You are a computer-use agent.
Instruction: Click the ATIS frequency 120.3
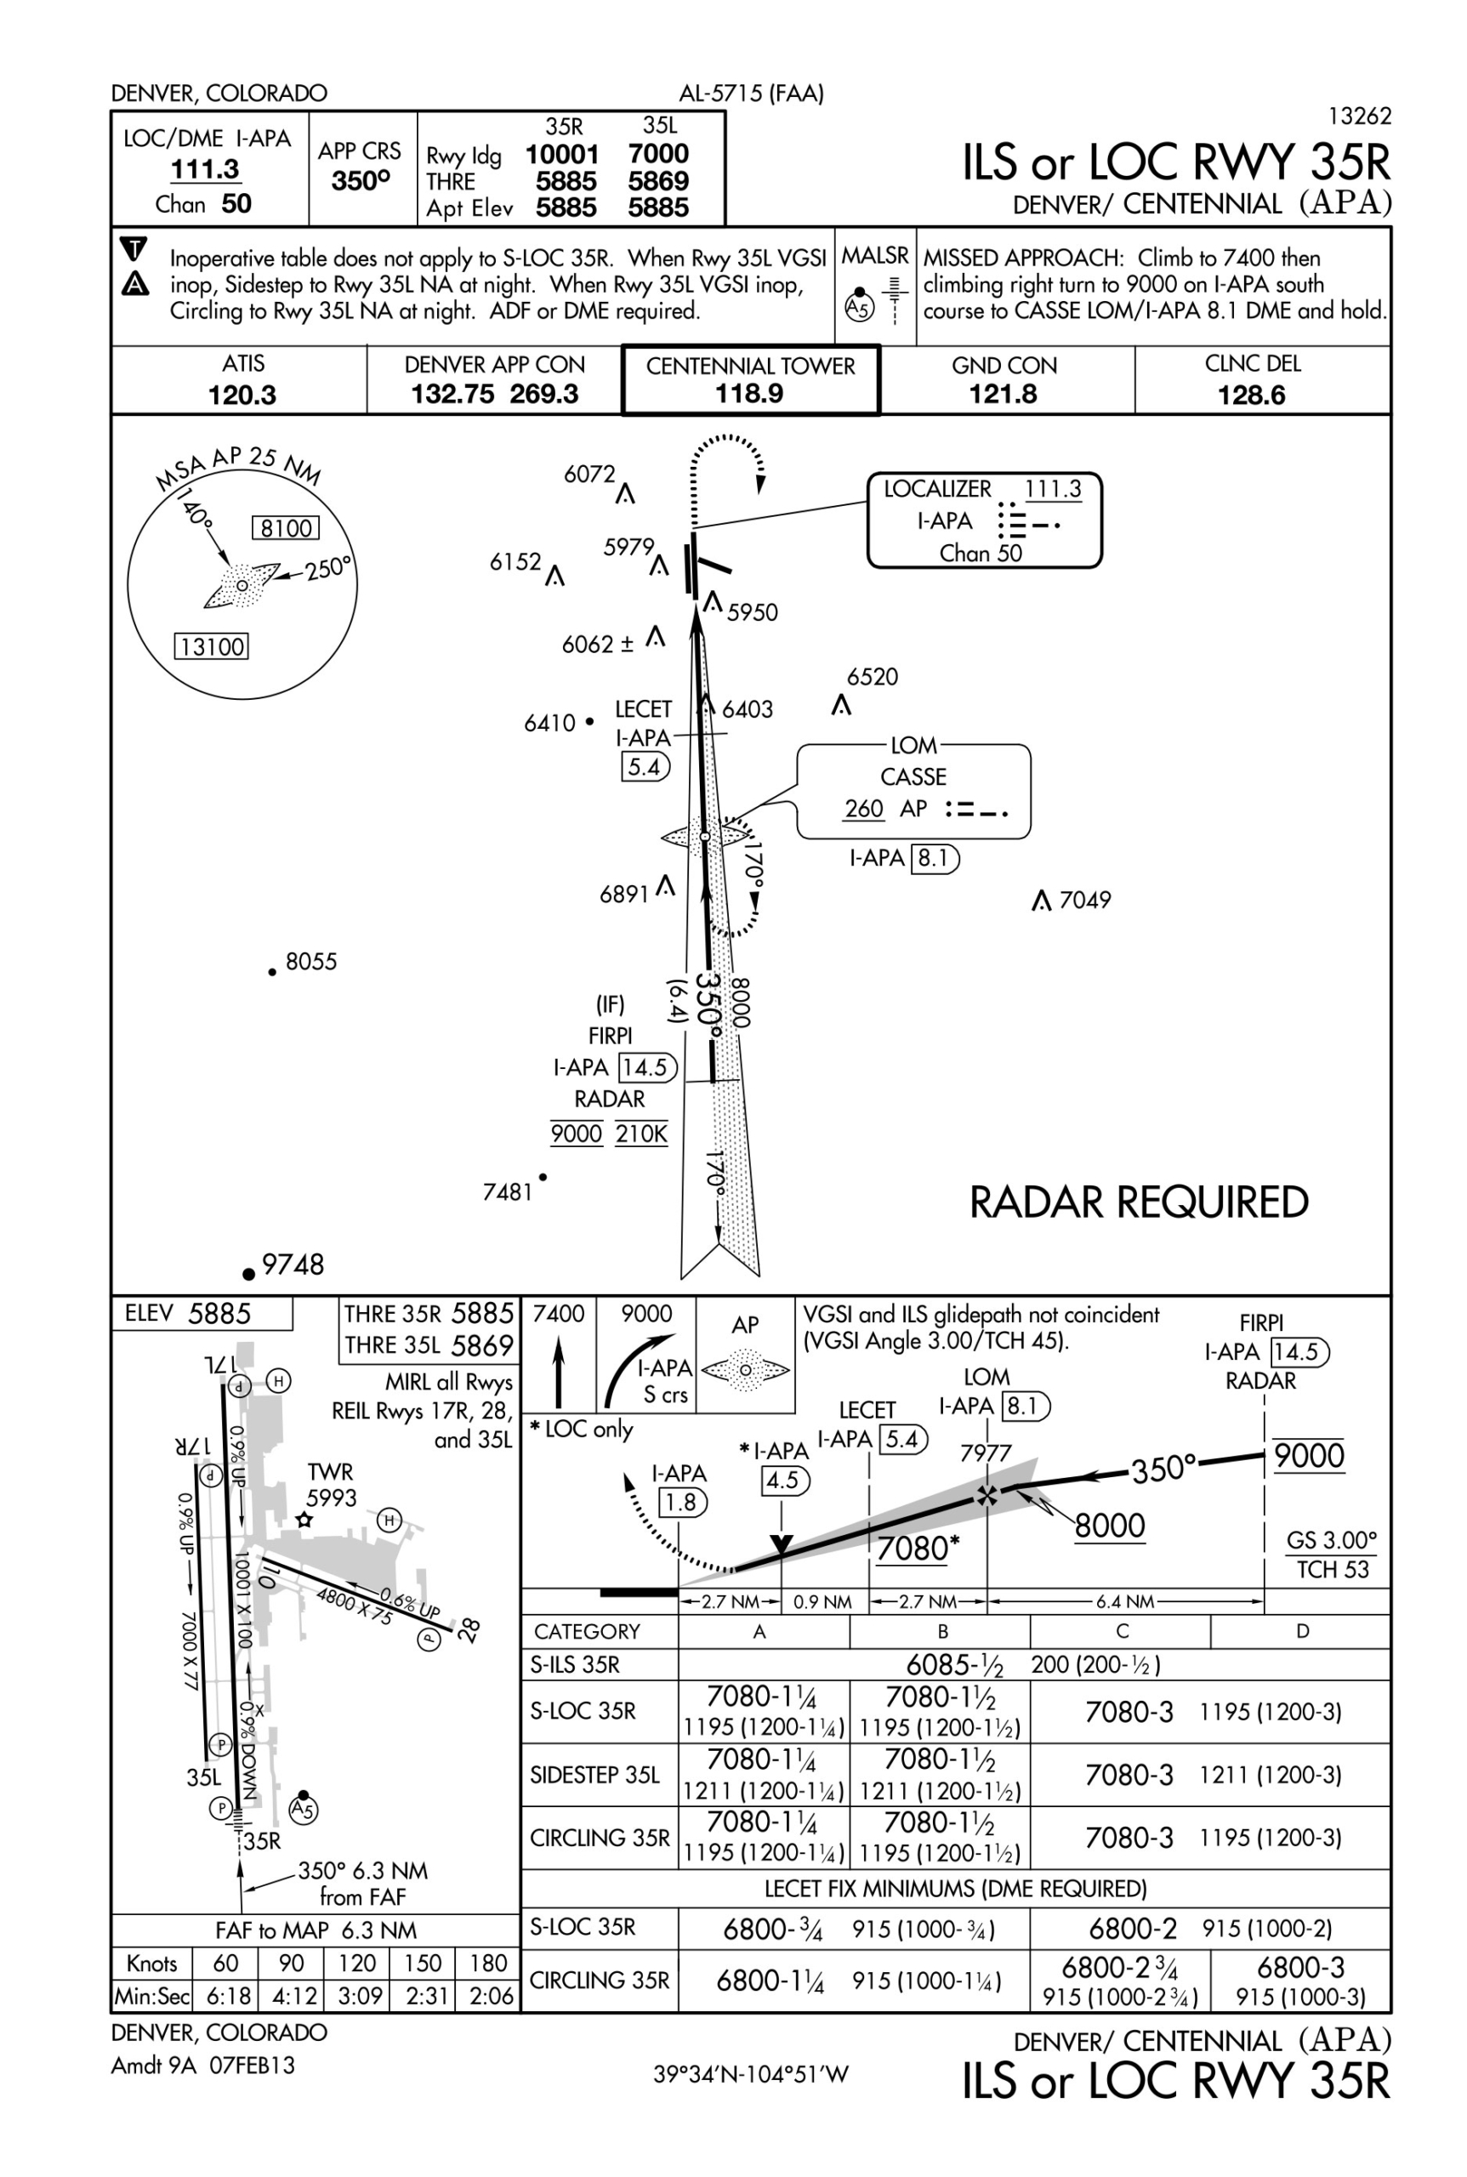click(242, 395)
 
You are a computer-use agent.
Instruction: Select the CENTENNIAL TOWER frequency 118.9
click(749, 393)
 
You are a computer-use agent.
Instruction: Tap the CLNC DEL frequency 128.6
click(1251, 395)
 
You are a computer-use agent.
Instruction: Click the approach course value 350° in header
click(361, 180)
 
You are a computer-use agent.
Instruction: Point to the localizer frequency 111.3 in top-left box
click(205, 169)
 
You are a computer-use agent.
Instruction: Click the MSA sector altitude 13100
click(213, 646)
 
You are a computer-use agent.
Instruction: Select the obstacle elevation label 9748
click(293, 1265)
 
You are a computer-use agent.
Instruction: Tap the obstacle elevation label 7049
click(1084, 900)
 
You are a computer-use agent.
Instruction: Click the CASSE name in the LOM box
click(913, 776)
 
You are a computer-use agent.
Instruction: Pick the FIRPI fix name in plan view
click(610, 1036)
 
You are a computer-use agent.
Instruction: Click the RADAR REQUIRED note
click(1139, 1202)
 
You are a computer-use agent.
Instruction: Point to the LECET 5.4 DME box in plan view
click(645, 767)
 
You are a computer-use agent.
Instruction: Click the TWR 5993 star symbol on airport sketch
click(303, 1520)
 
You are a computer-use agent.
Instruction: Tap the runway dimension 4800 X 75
click(354, 1606)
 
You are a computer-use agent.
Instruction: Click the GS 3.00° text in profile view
click(1331, 1540)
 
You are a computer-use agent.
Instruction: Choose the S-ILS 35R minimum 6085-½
click(953, 1665)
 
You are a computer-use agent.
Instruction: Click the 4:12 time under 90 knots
click(293, 1997)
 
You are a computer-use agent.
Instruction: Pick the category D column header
click(1301, 1633)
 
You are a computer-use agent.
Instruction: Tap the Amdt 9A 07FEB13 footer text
click(203, 2066)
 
